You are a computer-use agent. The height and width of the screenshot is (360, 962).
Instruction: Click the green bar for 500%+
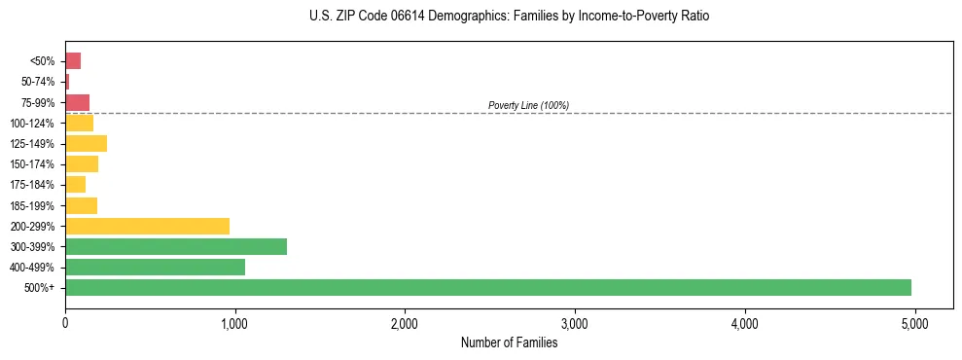coord(487,287)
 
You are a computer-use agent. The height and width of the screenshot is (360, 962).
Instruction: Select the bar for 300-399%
coord(175,246)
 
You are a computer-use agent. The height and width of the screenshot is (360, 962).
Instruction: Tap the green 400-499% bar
coord(155,267)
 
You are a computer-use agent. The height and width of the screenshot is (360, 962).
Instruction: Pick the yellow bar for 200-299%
coord(147,226)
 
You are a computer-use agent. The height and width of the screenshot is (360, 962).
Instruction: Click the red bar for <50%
coord(73,61)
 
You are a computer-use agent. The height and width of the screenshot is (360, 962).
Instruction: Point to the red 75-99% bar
coord(77,102)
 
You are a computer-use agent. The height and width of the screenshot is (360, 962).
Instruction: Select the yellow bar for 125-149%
coord(86,143)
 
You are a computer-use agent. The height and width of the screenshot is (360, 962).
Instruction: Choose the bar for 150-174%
coord(82,163)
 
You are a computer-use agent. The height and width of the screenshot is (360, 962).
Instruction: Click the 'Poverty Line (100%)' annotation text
coord(528,105)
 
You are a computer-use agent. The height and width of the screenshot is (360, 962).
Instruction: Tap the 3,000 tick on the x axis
coord(575,324)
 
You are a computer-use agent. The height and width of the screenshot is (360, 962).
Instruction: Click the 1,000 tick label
coord(234,324)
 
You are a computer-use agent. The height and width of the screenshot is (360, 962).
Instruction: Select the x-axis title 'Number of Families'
coord(509,342)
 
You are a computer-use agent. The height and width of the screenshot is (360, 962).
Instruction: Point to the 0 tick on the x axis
coord(65,324)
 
